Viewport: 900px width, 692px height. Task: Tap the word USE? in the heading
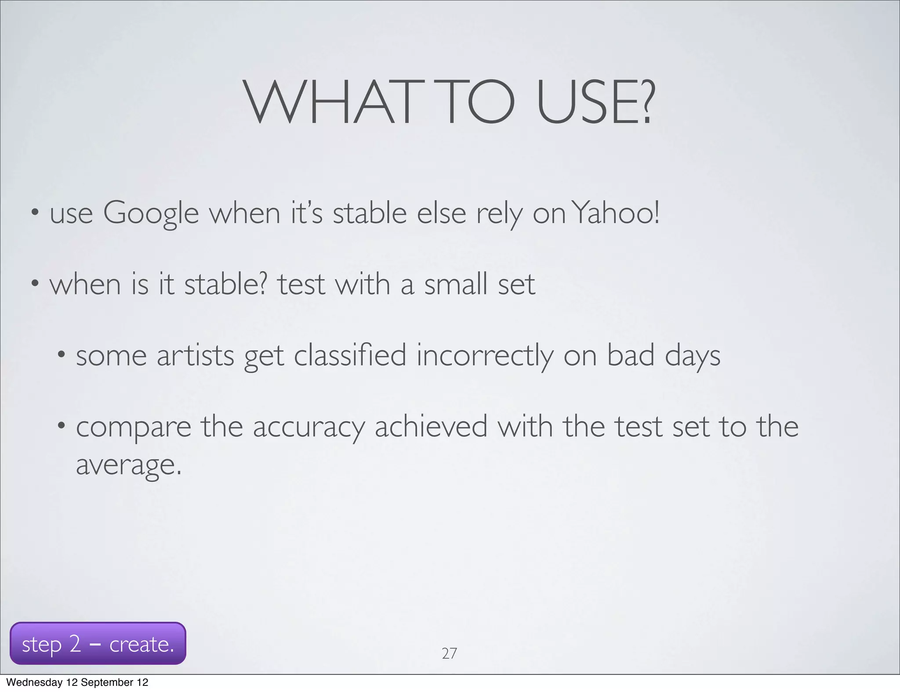595,103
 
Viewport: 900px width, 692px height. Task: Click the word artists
195,355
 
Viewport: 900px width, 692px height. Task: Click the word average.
128,465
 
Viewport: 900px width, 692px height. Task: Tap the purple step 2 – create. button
98,644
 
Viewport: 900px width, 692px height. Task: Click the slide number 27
449,654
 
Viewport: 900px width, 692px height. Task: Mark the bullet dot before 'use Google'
35,214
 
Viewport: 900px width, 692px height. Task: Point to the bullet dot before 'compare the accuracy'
62,425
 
